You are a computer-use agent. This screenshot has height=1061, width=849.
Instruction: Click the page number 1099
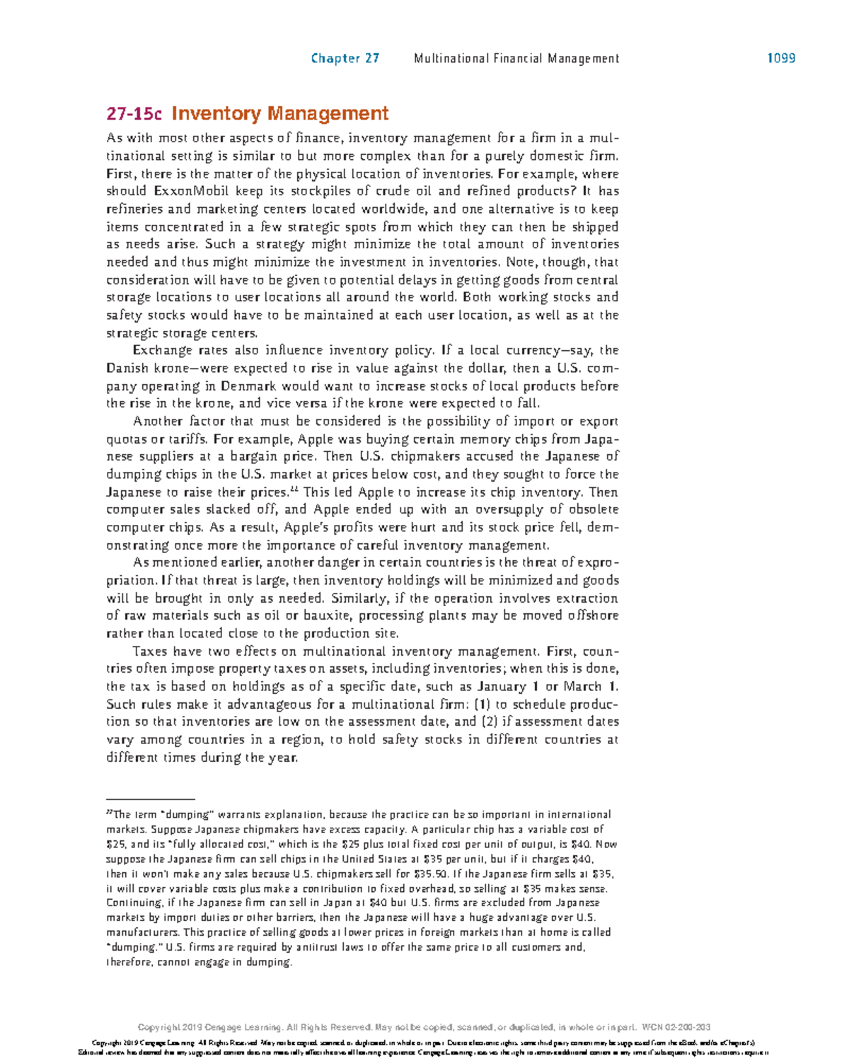(x=781, y=59)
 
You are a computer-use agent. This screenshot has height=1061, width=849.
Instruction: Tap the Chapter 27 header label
(x=345, y=59)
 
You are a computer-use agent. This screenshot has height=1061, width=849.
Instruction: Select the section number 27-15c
(x=134, y=114)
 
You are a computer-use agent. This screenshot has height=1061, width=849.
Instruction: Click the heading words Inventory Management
(x=280, y=114)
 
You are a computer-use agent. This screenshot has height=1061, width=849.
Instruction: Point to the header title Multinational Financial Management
(x=516, y=59)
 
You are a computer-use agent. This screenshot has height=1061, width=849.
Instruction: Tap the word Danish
(x=127, y=369)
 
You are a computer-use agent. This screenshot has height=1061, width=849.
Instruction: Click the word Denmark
(x=249, y=386)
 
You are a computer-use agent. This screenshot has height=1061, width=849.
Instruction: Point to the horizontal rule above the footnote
(x=150, y=798)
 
